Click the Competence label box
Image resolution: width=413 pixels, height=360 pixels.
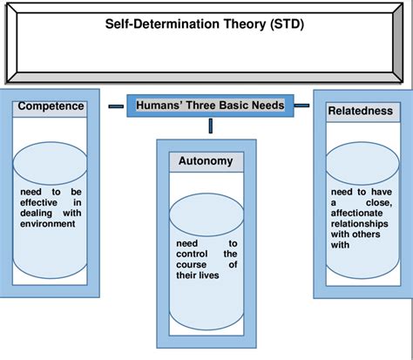(x=51, y=106)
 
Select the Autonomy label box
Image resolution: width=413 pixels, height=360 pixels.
(x=205, y=161)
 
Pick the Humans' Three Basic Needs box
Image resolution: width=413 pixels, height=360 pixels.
(x=210, y=106)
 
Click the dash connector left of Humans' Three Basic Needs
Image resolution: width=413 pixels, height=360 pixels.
(x=115, y=106)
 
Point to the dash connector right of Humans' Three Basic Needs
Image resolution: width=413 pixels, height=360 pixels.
(x=301, y=106)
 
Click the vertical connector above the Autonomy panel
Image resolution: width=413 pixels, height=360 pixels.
(x=210, y=126)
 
